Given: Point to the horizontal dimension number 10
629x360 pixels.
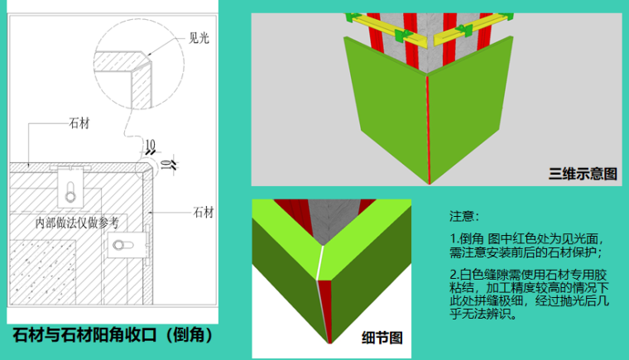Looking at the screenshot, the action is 150,146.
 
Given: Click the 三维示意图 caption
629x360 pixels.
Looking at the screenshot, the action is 583,174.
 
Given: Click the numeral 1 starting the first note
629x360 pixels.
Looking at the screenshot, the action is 453,239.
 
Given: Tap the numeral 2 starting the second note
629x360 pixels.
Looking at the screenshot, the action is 453,274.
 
